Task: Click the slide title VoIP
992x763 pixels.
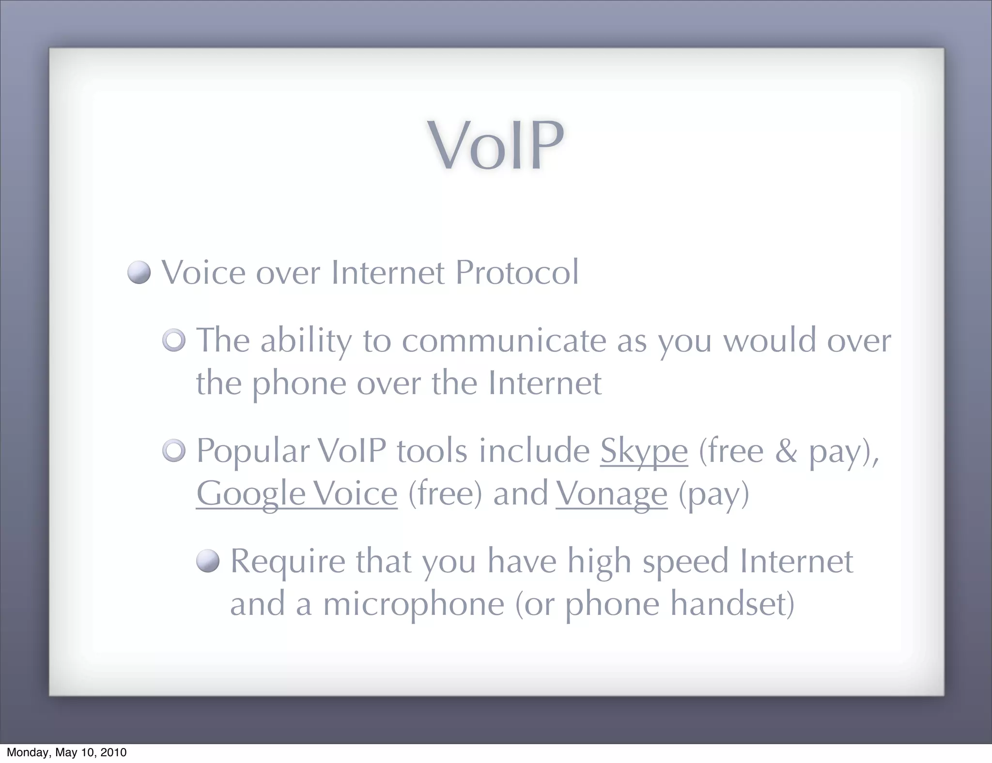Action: tap(496, 146)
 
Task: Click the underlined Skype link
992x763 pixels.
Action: tap(644, 451)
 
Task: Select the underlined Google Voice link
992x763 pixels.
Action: tap(296, 494)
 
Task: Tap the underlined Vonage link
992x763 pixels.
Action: tap(611, 494)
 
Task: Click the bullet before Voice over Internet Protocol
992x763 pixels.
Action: tap(139, 273)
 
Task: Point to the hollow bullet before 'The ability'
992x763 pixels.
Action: tap(174, 340)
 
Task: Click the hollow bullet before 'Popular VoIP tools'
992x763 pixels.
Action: tap(174, 451)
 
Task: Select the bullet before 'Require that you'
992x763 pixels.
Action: tap(208, 562)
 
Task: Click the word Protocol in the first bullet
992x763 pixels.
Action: tap(517, 273)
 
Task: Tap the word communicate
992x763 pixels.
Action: tap(504, 340)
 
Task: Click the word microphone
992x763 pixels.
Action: tap(414, 605)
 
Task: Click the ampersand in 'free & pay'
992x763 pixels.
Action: tap(786, 451)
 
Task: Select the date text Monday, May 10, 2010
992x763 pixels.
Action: tap(66, 752)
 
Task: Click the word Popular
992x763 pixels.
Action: tap(252, 451)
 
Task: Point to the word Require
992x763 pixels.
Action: tap(288, 562)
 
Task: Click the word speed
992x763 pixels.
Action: tap(685, 562)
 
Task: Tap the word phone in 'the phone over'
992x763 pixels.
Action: tap(299, 383)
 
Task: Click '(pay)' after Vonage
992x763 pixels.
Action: tap(713, 494)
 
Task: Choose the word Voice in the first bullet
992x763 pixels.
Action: tap(203, 273)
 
